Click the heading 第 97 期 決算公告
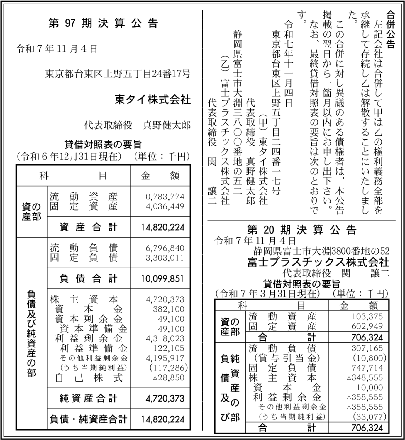(103, 23)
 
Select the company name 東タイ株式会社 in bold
(152, 100)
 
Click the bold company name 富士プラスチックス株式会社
(318, 262)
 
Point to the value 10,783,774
(162, 197)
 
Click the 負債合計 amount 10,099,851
(162, 278)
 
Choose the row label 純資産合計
(88, 399)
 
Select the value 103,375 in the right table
(367, 316)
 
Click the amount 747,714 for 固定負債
(367, 368)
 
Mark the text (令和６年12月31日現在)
(69, 157)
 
